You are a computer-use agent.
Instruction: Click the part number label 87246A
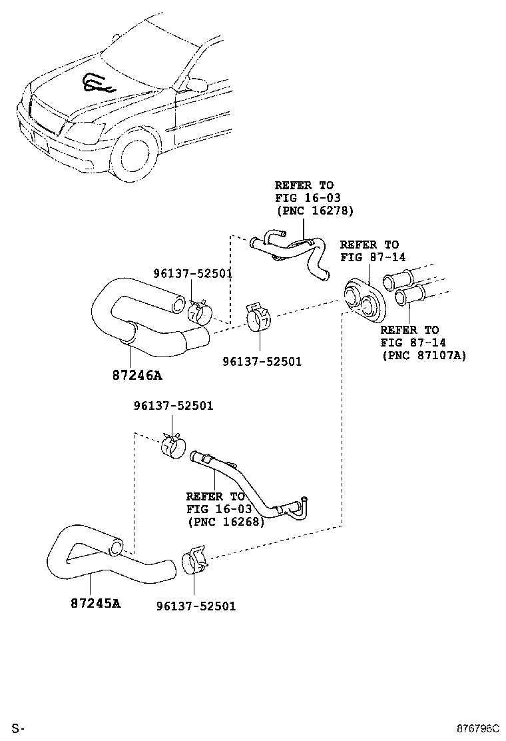[x=136, y=375]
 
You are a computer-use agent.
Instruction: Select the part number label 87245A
[x=95, y=604]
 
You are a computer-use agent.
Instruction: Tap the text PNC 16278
[x=314, y=211]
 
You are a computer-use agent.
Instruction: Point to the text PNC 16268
[x=226, y=522]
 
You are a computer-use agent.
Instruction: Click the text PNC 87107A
[x=423, y=356]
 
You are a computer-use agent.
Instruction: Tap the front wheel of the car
[x=136, y=157]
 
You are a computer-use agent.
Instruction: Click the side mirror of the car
[x=197, y=84]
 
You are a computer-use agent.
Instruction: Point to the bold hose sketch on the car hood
[x=97, y=83]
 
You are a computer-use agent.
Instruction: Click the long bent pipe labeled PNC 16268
[x=246, y=486]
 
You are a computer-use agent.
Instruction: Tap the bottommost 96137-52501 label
[x=196, y=606]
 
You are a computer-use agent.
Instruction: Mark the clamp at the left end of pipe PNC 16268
[x=173, y=446]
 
